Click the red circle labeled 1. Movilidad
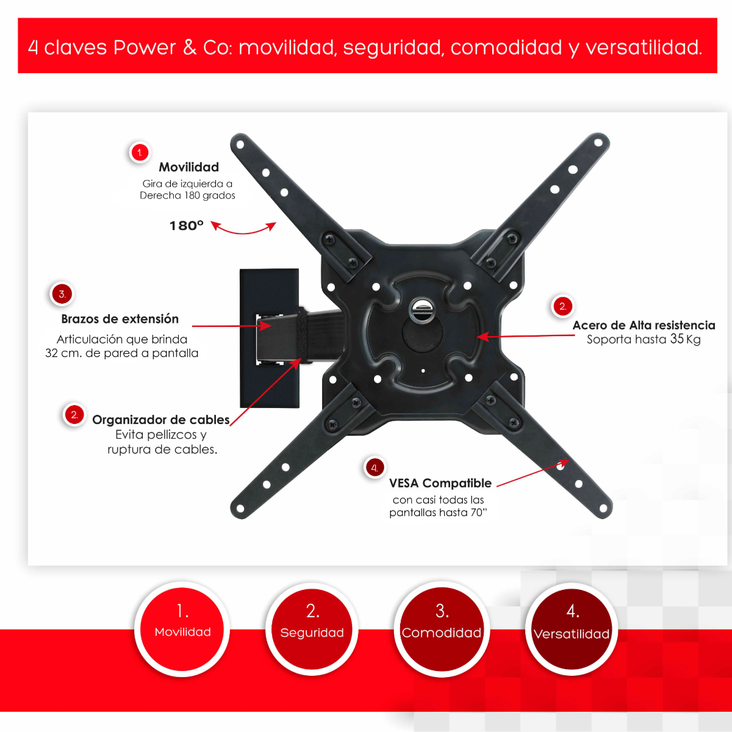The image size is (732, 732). point(182,629)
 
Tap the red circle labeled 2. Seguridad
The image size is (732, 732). point(312,629)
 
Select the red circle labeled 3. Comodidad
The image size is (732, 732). point(442,629)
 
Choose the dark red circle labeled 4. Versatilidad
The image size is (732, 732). point(572,629)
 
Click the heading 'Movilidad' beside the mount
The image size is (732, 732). point(188,167)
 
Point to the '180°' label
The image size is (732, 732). point(187,226)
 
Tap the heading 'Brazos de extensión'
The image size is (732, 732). point(120,318)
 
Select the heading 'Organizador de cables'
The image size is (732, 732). point(160,420)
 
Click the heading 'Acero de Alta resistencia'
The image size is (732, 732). point(644,325)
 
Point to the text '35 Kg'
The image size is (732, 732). point(685,339)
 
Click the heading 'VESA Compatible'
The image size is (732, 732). point(440,483)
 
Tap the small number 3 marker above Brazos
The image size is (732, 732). point(62,294)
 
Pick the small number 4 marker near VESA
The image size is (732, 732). point(375,468)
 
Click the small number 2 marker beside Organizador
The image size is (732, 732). point(74,415)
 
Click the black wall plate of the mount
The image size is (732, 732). point(270,338)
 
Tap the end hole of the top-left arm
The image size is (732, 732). point(240,145)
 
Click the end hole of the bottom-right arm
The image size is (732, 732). point(603,508)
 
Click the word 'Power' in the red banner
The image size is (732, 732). point(145,48)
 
